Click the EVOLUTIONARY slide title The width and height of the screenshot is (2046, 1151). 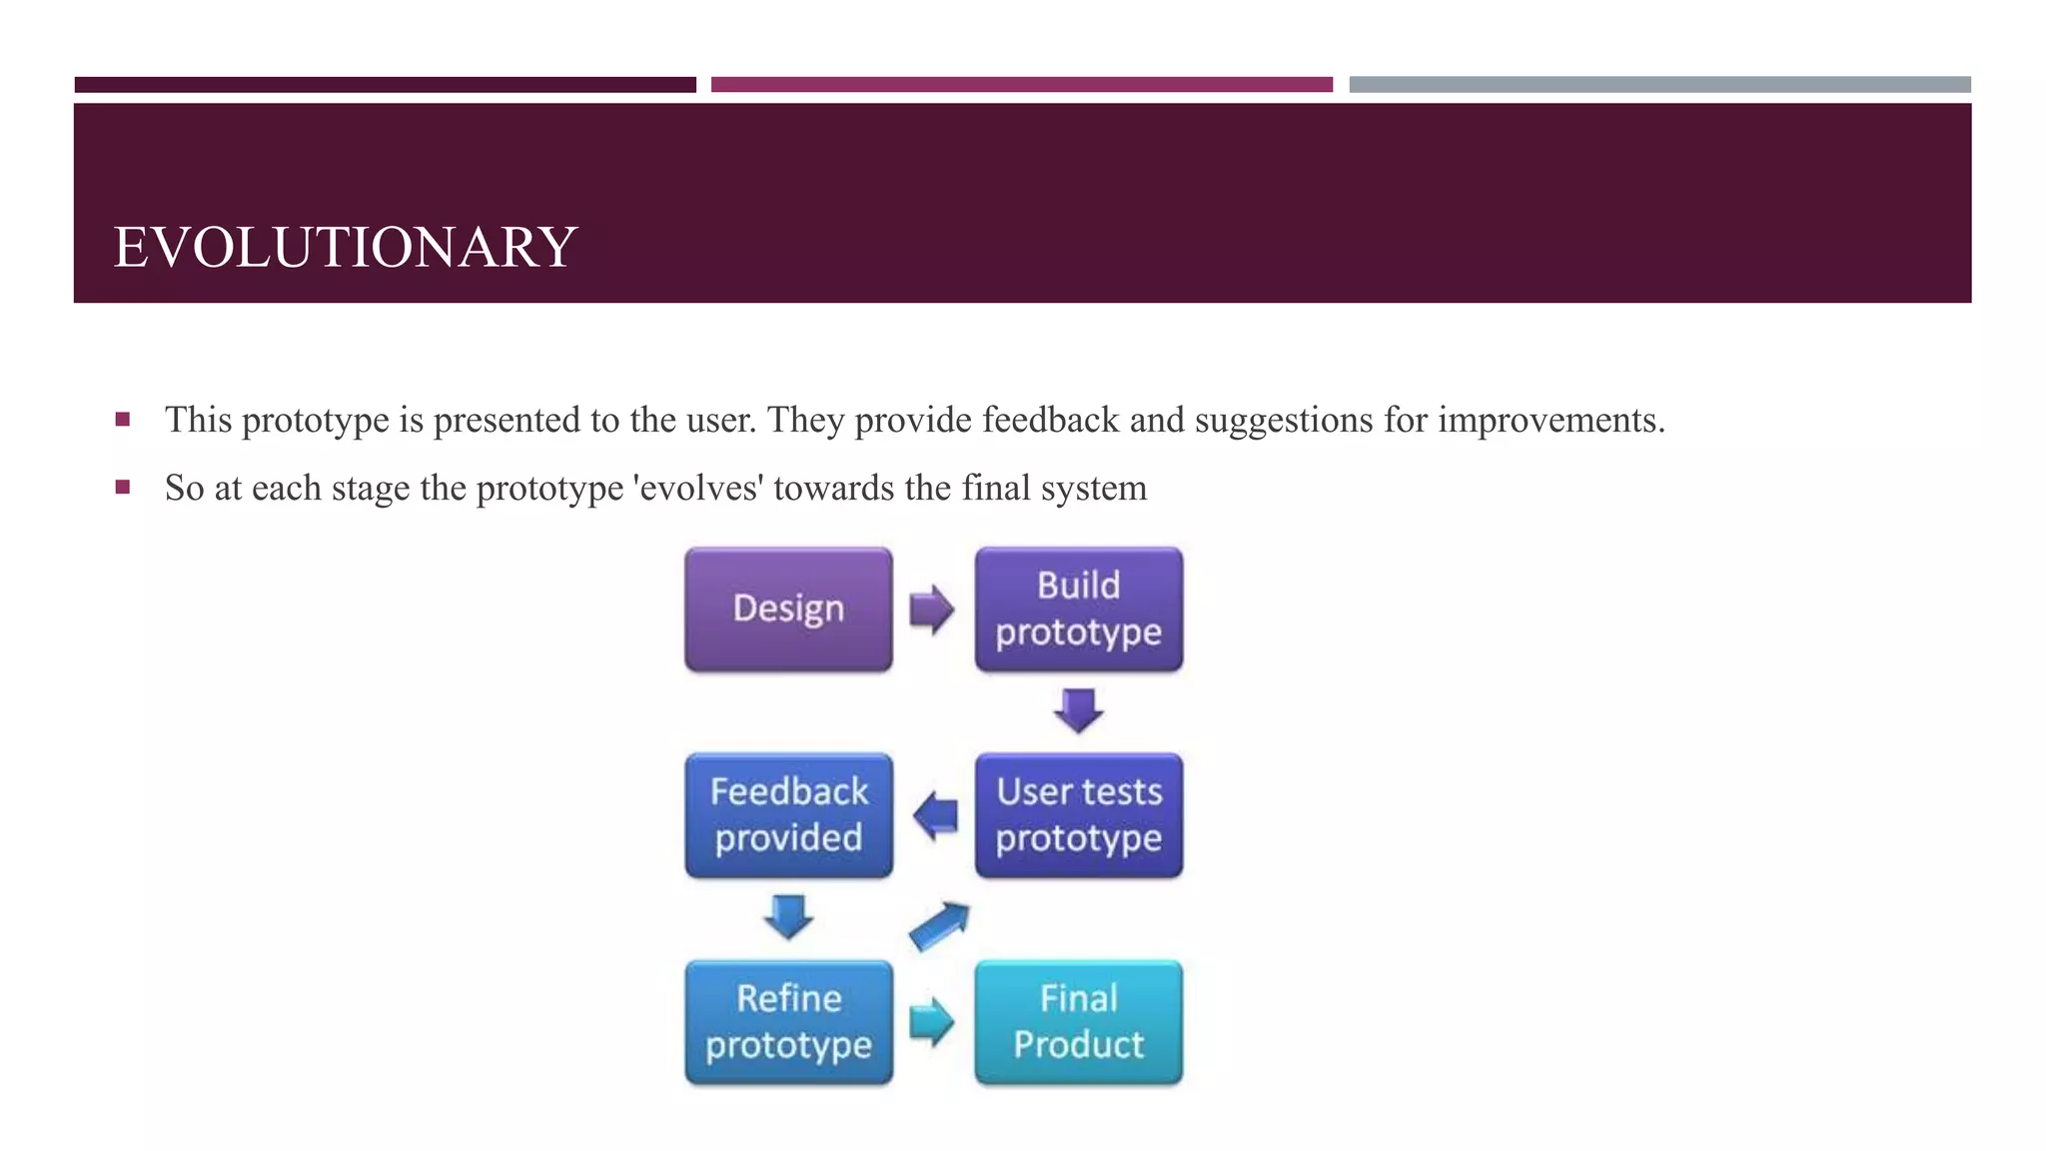click(346, 247)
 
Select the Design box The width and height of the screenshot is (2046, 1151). click(788, 609)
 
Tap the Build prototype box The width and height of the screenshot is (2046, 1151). click(1079, 609)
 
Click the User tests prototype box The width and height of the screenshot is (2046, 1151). click(1079, 815)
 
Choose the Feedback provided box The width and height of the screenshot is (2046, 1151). click(788, 815)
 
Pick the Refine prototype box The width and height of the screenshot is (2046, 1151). click(788, 1022)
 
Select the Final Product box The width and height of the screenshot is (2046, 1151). click(1079, 1022)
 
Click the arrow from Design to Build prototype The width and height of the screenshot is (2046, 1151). click(932, 609)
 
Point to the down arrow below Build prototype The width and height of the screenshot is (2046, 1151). click(1079, 710)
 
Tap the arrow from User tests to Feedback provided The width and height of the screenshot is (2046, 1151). click(935, 815)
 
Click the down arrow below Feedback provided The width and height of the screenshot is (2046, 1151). click(788, 916)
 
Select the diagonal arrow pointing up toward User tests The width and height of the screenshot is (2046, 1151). click(939, 926)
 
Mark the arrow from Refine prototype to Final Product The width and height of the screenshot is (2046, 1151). click(932, 1022)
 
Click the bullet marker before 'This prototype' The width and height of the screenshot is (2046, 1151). click(123, 420)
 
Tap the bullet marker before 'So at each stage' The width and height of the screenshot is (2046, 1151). click(123, 488)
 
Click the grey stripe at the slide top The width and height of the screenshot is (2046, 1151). click(1659, 85)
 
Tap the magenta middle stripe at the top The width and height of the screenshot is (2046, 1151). click(1021, 85)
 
